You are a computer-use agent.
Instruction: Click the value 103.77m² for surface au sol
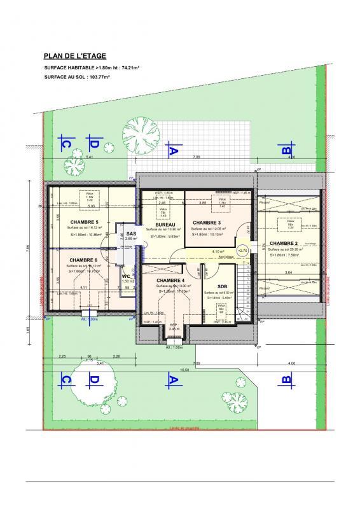(x=97, y=76)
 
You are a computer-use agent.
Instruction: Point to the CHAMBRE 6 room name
(x=83, y=260)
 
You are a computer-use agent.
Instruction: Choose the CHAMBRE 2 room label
(x=283, y=244)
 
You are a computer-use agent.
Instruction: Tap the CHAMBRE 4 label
(x=170, y=281)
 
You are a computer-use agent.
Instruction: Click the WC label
(x=126, y=275)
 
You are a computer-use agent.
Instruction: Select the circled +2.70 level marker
(x=242, y=251)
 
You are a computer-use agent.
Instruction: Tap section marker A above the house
(x=170, y=151)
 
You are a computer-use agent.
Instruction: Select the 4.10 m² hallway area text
(x=217, y=252)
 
